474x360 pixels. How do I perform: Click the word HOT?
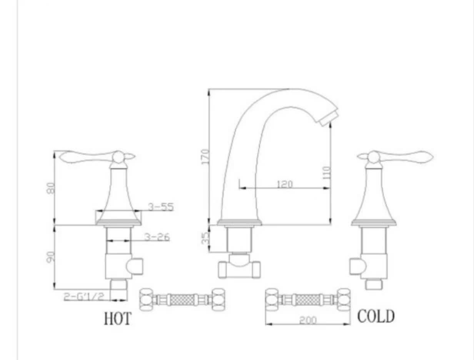click(117, 318)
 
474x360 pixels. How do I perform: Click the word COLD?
click(376, 316)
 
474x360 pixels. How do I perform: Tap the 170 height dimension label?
click(205, 156)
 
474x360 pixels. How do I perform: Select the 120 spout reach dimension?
click(285, 184)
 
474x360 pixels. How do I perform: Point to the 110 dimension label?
click(327, 172)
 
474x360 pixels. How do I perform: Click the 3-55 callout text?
click(161, 207)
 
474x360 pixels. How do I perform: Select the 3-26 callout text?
click(157, 237)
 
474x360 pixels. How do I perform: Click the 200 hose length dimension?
click(307, 320)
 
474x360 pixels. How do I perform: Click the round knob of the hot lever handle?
click(118, 156)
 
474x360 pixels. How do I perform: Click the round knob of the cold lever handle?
click(373, 156)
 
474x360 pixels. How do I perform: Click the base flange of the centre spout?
click(239, 222)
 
